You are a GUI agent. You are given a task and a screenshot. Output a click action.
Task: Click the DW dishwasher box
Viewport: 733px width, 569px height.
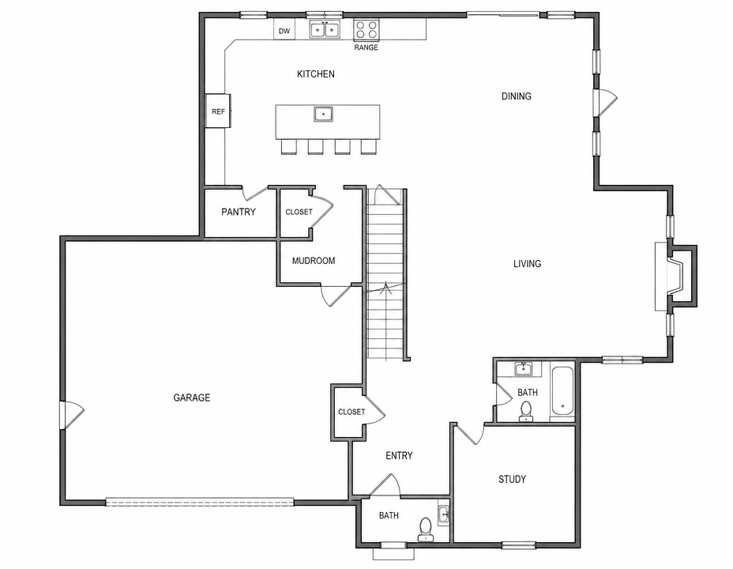pyautogui.click(x=284, y=30)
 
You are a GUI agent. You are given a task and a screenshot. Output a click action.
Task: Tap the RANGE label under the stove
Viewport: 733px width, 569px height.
pyautogui.click(x=366, y=47)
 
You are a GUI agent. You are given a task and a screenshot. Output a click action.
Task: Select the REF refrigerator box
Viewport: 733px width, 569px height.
pyautogui.click(x=218, y=111)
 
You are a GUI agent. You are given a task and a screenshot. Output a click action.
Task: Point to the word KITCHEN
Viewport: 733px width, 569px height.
pyautogui.click(x=316, y=73)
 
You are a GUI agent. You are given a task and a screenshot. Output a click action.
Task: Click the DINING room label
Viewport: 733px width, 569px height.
pyautogui.click(x=517, y=96)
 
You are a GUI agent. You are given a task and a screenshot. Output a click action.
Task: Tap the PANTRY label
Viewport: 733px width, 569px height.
pyautogui.click(x=239, y=212)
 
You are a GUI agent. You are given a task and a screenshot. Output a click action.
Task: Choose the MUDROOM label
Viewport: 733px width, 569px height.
pyautogui.click(x=314, y=261)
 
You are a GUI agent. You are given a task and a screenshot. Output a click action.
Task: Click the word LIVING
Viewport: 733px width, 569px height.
pyautogui.click(x=528, y=264)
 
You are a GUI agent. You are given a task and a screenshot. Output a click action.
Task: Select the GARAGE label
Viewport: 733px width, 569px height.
pyautogui.click(x=192, y=398)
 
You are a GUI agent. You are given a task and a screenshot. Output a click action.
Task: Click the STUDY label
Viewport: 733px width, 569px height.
pyautogui.click(x=513, y=479)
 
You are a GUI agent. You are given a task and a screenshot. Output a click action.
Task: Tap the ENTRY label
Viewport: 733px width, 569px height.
pyautogui.click(x=399, y=455)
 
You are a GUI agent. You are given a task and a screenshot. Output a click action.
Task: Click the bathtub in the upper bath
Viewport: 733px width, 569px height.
pyautogui.click(x=562, y=392)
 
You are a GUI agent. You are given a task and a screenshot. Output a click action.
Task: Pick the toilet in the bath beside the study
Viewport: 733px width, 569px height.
pyautogui.click(x=527, y=410)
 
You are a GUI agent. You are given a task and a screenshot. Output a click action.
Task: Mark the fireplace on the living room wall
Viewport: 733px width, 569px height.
pyautogui.click(x=675, y=277)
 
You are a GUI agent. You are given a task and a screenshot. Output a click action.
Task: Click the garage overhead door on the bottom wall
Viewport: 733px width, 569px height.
pyautogui.click(x=200, y=502)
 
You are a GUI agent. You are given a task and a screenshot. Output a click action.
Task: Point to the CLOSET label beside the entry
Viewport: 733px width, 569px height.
pyautogui.click(x=351, y=412)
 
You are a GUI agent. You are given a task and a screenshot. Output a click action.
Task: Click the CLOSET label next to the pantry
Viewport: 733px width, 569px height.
pyautogui.click(x=299, y=212)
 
